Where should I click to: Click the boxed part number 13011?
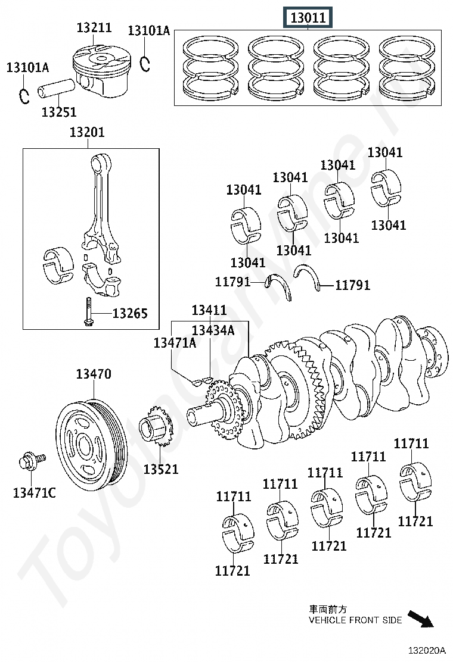click(x=308, y=18)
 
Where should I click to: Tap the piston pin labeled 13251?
click(x=57, y=88)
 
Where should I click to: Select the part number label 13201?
click(x=87, y=132)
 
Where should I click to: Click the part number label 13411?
click(x=209, y=310)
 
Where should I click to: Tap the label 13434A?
click(x=213, y=329)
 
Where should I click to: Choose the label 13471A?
click(x=175, y=342)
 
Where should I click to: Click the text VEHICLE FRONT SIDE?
click(x=355, y=620)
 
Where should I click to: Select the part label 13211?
click(x=94, y=27)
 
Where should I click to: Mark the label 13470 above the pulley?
click(x=93, y=374)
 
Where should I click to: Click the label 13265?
click(x=130, y=313)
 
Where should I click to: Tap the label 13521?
click(x=161, y=469)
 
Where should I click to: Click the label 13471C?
click(x=35, y=493)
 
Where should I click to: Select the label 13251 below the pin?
click(x=59, y=111)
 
